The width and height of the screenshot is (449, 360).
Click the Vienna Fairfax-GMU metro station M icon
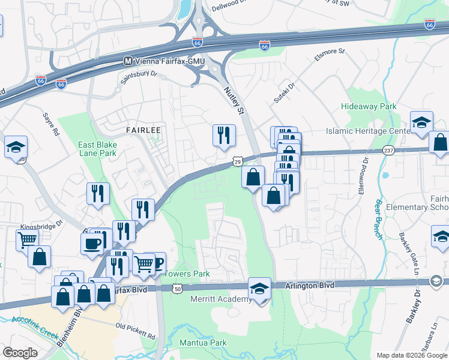[x=127, y=61]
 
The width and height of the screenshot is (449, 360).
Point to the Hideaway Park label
[x=369, y=106]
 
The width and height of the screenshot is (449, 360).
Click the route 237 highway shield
[x=388, y=150]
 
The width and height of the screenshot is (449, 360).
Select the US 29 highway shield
[x=237, y=162]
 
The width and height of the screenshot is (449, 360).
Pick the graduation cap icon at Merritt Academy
[x=259, y=288]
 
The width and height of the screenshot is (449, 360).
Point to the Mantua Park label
[x=203, y=343]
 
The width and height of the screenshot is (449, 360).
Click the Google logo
[x=20, y=353]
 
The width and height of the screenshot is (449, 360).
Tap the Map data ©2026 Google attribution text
[x=412, y=355]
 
